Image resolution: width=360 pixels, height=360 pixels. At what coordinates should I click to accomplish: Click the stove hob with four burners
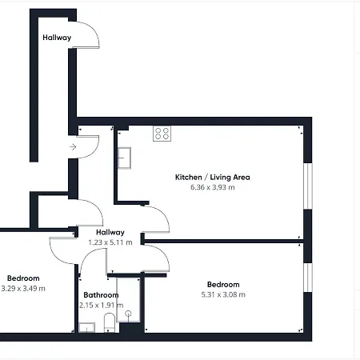tap(162, 134)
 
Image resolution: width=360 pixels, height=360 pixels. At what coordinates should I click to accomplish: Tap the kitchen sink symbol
tap(124, 158)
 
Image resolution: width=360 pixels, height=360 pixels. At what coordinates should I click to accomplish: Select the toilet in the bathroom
tap(110, 322)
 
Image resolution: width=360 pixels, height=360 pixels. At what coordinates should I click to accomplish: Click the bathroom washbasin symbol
tap(87, 327)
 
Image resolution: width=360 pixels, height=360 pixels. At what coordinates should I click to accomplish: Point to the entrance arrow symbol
tap(73, 147)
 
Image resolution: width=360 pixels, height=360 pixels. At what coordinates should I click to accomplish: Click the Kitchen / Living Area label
tap(213, 178)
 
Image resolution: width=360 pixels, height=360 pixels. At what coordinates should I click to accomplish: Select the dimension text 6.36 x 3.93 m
tap(213, 187)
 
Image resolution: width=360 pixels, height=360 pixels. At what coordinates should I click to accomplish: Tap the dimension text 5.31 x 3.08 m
tap(223, 294)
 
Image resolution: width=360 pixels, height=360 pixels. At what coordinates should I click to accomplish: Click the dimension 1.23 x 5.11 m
tap(110, 242)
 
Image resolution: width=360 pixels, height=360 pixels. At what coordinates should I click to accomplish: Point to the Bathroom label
tap(101, 295)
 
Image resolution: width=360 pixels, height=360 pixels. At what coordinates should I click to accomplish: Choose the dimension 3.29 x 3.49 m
tap(23, 289)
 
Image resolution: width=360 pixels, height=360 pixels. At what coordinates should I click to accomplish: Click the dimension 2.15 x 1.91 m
tap(102, 305)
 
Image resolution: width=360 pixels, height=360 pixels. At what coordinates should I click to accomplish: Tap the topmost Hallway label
tap(57, 38)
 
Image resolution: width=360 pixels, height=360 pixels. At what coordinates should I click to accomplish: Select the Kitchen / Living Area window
tap(308, 186)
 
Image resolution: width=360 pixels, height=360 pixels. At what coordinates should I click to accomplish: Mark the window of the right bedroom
tap(308, 278)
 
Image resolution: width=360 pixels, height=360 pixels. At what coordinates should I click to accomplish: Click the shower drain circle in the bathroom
tap(129, 314)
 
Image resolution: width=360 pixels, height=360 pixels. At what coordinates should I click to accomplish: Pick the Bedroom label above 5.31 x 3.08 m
tap(223, 285)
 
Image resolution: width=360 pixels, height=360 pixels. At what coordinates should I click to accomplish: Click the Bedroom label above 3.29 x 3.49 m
tap(23, 278)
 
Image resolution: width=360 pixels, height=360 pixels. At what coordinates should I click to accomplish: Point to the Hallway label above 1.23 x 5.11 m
tap(110, 233)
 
